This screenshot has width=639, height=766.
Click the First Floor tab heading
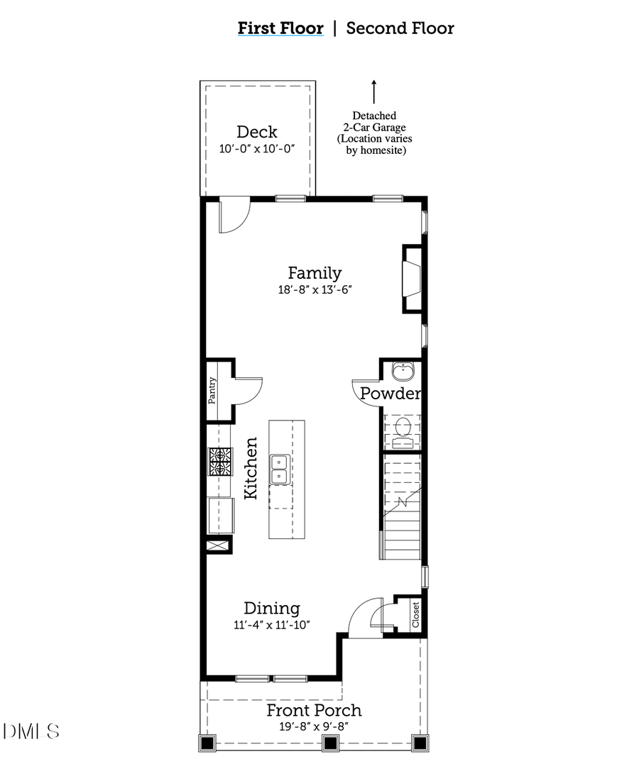click(280, 28)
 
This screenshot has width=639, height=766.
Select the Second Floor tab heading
click(400, 28)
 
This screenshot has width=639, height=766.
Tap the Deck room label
click(256, 132)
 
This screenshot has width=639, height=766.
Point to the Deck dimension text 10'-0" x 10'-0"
click(256, 148)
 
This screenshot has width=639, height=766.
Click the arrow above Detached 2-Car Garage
click(373, 91)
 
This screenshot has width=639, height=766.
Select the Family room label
click(315, 272)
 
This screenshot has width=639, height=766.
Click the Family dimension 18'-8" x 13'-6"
click(315, 289)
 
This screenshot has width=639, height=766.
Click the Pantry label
click(212, 391)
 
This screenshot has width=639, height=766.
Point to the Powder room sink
click(403, 370)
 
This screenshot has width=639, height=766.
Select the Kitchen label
click(251, 468)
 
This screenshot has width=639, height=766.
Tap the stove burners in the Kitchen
click(219, 462)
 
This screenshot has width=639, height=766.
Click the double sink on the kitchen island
click(280, 469)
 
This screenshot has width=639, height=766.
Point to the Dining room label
click(272, 608)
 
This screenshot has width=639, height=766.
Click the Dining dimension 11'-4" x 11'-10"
click(272, 624)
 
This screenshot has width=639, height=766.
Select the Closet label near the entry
click(415, 614)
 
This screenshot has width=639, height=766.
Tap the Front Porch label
click(314, 710)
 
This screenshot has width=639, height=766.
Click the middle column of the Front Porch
click(329, 743)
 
